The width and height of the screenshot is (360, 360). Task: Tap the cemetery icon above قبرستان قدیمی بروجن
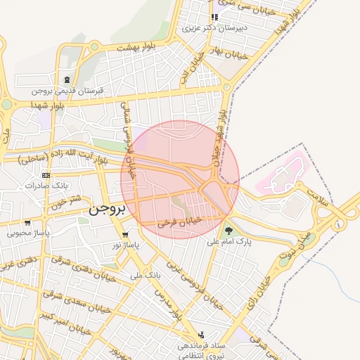click(x=66, y=79)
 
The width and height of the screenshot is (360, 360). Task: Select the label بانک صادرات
click(x=45, y=186)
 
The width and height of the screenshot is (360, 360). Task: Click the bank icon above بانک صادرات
click(x=46, y=175)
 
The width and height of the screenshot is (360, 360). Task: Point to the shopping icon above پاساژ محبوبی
click(x=27, y=222)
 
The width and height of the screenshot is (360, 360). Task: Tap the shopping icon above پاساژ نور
click(x=125, y=235)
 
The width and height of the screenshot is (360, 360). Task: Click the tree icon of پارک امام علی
click(x=228, y=230)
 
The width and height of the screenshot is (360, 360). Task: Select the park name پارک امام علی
click(x=229, y=241)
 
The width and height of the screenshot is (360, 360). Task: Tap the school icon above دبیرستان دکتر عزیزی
click(x=214, y=18)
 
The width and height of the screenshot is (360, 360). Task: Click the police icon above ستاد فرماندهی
click(x=202, y=335)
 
